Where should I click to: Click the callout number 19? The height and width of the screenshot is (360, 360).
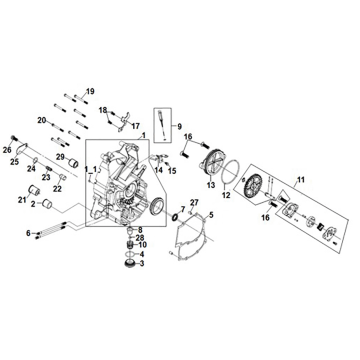90,93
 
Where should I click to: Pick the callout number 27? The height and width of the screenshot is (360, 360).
194,204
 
